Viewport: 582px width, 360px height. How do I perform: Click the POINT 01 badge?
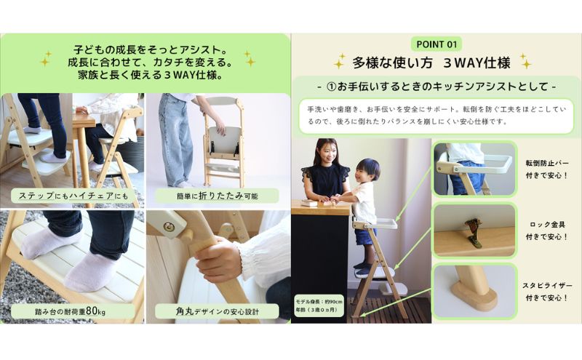pyautogui.click(x=436, y=43)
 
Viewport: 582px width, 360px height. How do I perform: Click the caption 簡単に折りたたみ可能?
pyautogui.click(x=216, y=196)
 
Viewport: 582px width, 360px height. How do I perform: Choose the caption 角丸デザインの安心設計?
pyautogui.click(x=216, y=311)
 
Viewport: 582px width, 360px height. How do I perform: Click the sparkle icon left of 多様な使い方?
pyautogui.click(x=339, y=62)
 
